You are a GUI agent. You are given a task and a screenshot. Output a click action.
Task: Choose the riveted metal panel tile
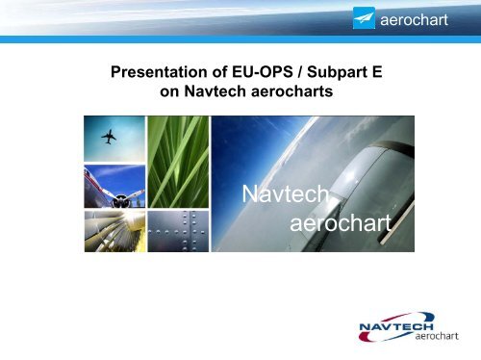[180, 230]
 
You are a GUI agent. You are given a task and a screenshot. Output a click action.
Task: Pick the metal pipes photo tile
[114, 230]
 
